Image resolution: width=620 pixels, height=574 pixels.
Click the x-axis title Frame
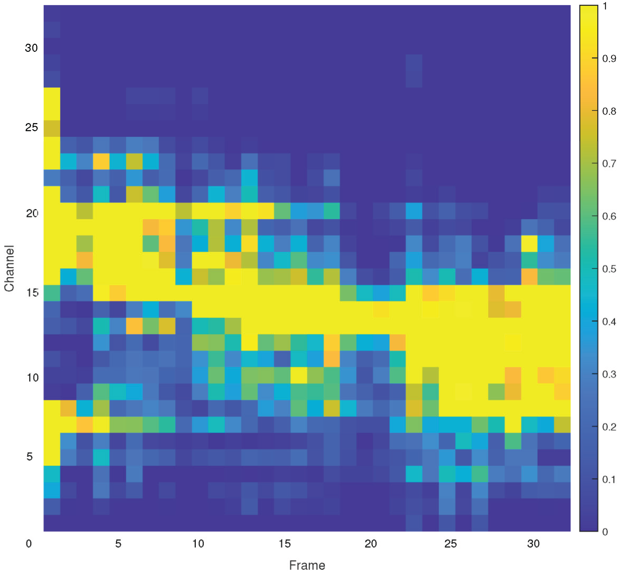point(307,565)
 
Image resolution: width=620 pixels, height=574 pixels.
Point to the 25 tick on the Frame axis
point(451,544)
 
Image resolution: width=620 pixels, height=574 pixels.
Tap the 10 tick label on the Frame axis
point(198,544)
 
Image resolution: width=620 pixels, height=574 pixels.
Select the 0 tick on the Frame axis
point(29,544)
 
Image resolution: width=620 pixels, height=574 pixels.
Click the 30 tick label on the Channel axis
point(31,48)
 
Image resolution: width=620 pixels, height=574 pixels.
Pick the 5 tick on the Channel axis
point(30,457)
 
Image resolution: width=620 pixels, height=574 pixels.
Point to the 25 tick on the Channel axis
point(31,127)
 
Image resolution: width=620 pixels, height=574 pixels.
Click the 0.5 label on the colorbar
point(609,269)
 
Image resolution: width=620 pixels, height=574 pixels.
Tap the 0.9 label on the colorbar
point(609,58)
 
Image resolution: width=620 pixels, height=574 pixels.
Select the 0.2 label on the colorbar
point(609,427)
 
